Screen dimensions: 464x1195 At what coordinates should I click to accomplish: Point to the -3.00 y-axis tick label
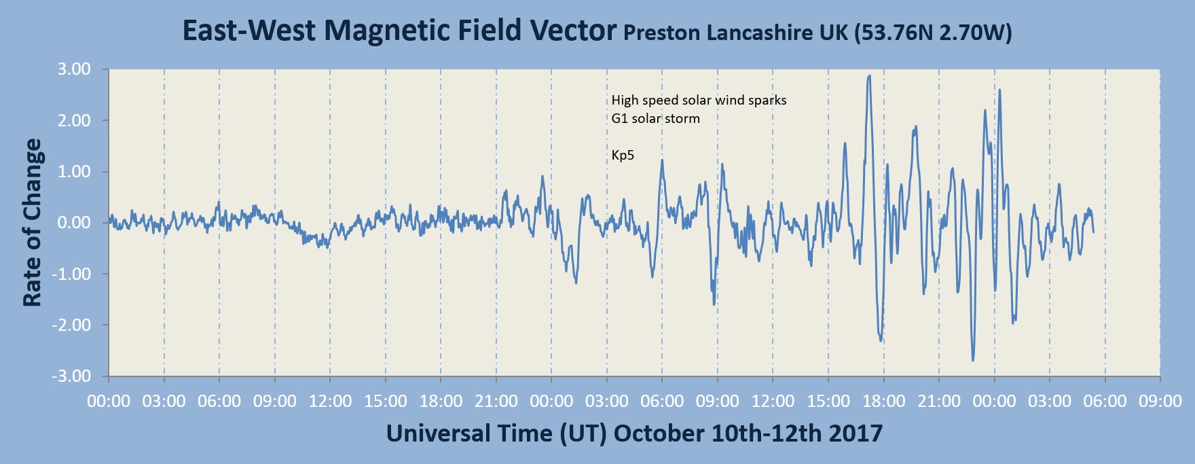coord(71,376)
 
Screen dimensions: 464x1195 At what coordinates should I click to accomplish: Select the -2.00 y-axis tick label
coord(71,325)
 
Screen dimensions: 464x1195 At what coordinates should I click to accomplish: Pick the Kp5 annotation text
coord(623,156)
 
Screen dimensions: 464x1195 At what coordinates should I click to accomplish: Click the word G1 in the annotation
coord(619,119)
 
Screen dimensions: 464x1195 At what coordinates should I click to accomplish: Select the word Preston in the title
coord(662,33)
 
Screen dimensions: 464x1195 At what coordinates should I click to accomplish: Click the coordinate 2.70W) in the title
coord(976,33)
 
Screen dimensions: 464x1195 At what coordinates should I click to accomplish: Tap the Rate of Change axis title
coord(32,223)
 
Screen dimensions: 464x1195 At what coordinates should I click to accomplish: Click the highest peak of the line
coord(869,76)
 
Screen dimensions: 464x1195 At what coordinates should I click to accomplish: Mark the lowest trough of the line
coord(973,360)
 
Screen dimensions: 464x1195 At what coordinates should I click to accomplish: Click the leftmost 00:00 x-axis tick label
coord(109,401)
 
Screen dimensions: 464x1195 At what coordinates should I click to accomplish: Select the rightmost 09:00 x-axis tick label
coord(1160,401)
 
